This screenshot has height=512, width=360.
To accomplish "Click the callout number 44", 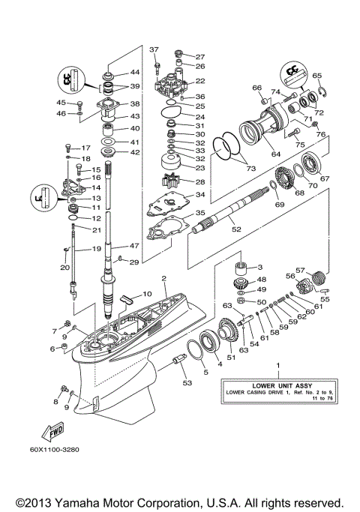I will point(135,73).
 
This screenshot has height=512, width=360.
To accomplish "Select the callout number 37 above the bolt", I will point(154,49).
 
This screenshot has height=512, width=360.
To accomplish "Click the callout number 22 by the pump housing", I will point(200,81).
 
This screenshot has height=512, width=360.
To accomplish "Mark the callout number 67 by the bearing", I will point(325,178).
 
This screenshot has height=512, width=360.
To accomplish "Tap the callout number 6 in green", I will point(53,349).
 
